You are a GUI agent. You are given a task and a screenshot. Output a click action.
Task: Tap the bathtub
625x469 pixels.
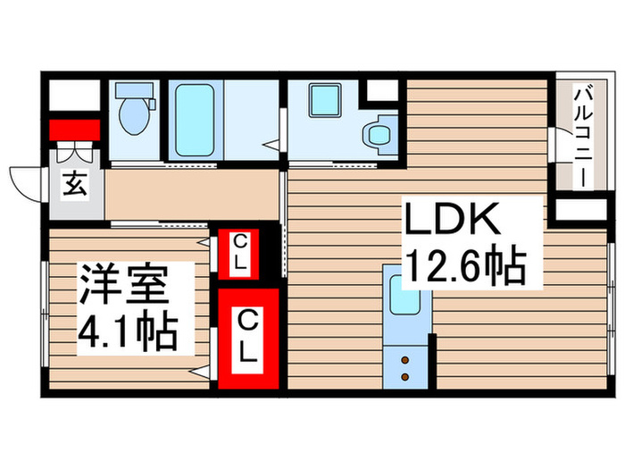coord(192,121)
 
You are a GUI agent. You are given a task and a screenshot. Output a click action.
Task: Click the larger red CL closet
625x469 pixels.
coord(248,335)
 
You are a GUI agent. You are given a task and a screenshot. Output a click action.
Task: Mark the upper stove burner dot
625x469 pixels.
coord(404,359)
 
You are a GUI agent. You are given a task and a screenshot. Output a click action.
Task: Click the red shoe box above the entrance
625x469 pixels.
coord(73,130)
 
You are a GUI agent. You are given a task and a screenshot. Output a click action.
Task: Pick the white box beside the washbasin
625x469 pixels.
coord(383,92)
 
